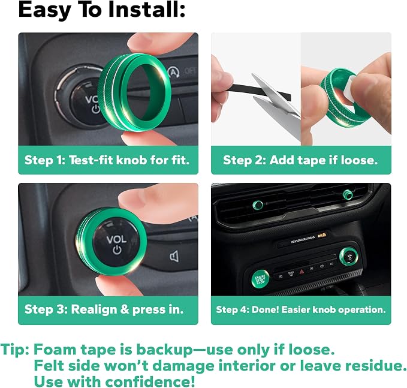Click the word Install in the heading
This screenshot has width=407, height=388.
pyautogui.click(x=146, y=10)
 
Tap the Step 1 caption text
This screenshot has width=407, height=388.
pyautogui.click(x=107, y=160)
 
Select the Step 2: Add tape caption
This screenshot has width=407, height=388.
pyautogui.click(x=300, y=160)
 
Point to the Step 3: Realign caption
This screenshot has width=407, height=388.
pyautogui.click(x=104, y=309)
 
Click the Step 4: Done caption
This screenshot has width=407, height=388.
pyautogui.click(x=301, y=309)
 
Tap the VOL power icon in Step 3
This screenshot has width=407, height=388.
pyautogui.click(x=117, y=250)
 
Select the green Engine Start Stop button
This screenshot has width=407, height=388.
pyautogui.click(x=260, y=279)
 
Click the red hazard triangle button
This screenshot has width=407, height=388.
pyautogui.click(x=302, y=272)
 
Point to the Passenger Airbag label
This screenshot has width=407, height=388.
pyautogui.click(x=303, y=239)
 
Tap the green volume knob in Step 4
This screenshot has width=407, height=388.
pyautogui.click(x=349, y=257)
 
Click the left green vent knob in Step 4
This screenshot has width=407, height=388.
pyautogui.click(x=258, y=205)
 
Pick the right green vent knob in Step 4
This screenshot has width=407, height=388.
pyautogui.click(x=348, y=194)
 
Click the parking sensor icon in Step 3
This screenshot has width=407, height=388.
pyautogui.click(x=174, y=257)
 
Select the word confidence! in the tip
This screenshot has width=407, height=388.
pyautogui.click(x=150, y=381)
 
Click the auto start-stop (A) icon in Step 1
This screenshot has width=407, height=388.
pyautogui.click(x=173, y=73)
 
